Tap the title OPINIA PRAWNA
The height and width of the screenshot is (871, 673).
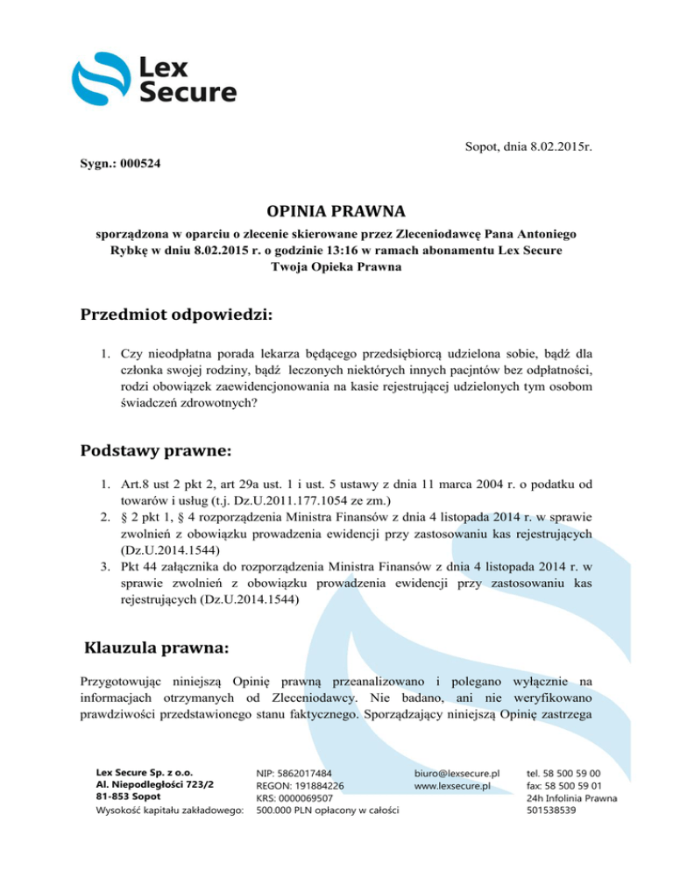point(336,213)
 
